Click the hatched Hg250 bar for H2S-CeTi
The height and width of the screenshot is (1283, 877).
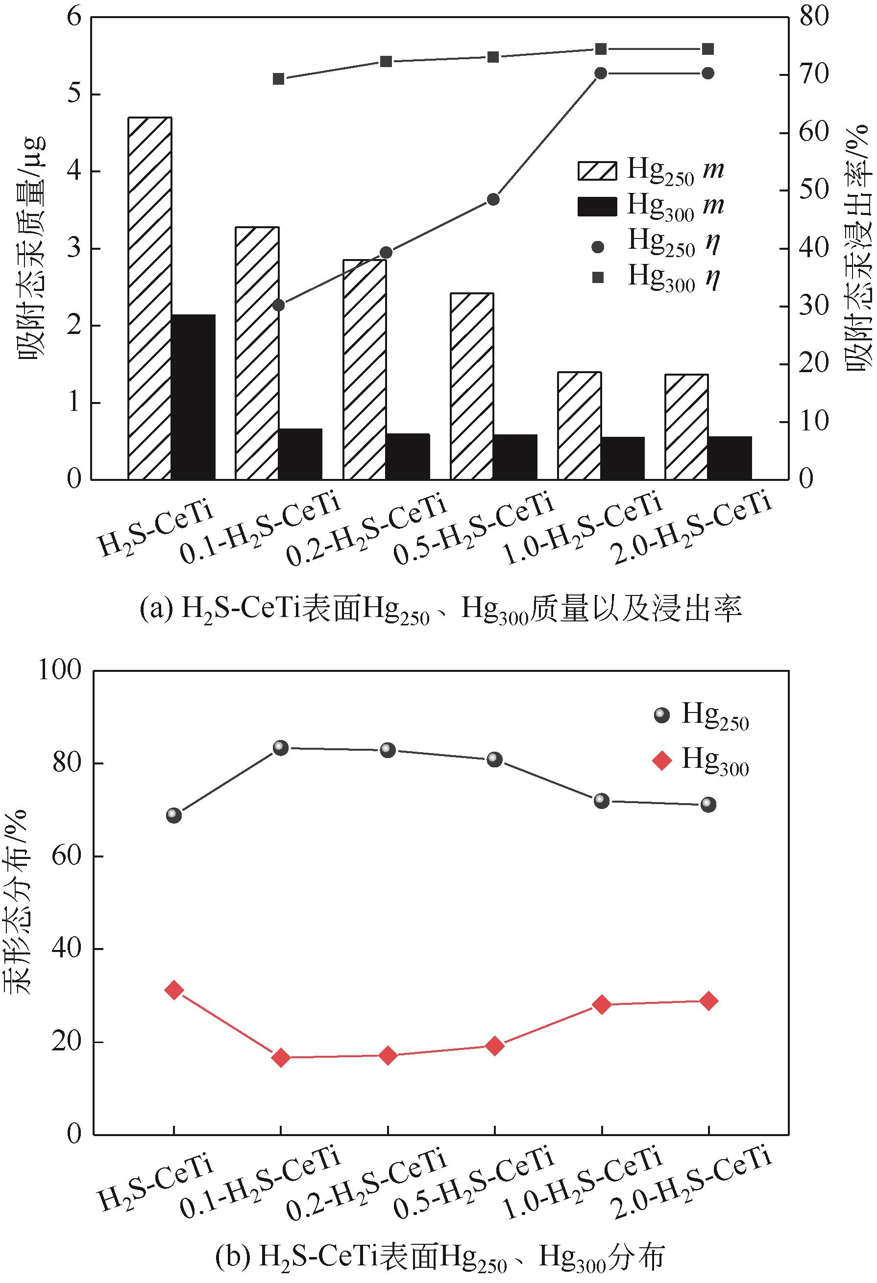point(149,298)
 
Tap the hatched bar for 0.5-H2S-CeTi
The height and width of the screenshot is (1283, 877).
point(472,386)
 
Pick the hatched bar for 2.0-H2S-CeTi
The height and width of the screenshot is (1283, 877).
point(686,427)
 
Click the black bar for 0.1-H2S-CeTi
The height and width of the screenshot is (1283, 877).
point(300,454)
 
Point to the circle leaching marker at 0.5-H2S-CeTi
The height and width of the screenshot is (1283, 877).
point(493,199)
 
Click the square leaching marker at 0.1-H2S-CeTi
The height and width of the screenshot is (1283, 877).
point(278,79)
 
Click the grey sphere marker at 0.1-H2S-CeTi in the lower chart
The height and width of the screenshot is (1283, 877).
point(281,748)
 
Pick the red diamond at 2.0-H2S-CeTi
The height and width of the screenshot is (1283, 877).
point(708,1001)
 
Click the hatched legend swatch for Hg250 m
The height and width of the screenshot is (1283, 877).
point(597,170)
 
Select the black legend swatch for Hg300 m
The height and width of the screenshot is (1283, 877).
point(597,207)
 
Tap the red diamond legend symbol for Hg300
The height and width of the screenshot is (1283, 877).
point(661,761)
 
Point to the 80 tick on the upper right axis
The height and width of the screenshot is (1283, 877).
point(813,17)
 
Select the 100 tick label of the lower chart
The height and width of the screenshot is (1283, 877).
point(60,671)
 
